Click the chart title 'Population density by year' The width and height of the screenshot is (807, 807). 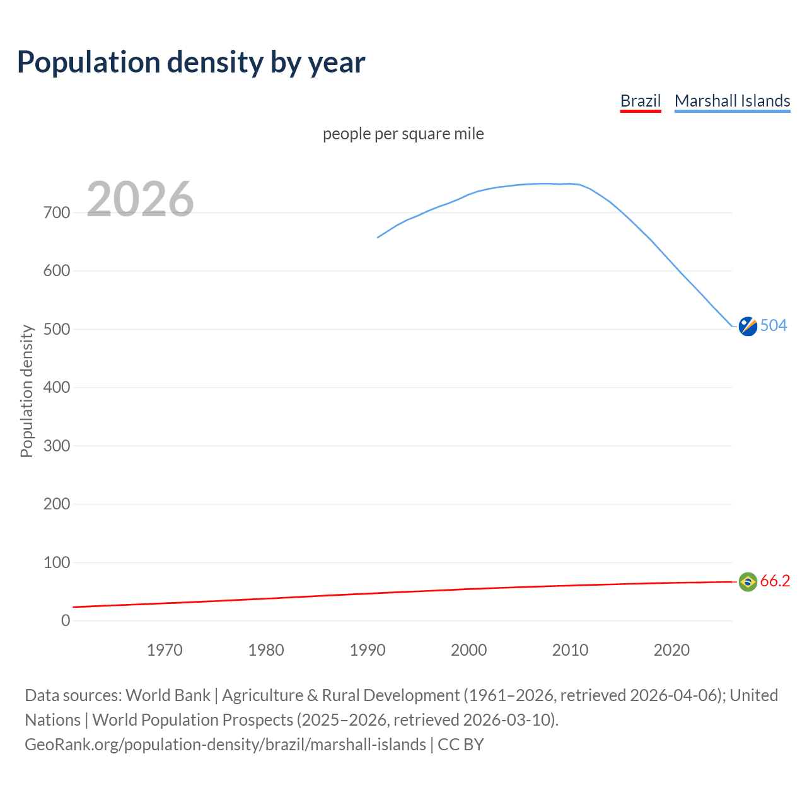tap(191, 62)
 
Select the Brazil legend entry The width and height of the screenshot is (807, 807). tap(640, 101)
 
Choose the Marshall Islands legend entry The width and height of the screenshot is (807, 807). tap(732, 101)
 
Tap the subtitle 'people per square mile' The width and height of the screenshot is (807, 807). tap(403, 134)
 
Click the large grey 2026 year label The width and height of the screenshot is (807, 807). tap(140, 199)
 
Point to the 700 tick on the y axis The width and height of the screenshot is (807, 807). tap(57, 212)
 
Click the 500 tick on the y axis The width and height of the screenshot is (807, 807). tap(57, 329)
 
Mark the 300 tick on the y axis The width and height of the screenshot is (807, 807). tap(57, 446)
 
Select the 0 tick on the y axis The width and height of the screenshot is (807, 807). tap(66, 620)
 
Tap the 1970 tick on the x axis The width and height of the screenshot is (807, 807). tap(165, 650)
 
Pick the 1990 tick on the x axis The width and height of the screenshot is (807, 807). tap(368, 650)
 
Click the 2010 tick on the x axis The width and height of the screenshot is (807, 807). tap(570, 650)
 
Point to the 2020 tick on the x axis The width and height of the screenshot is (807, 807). tap(671, 650)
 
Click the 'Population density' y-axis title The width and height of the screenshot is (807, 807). tap(26, 391)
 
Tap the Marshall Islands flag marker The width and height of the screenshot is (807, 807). tap(748, 327)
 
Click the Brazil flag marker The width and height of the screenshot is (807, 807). tap(748, 581)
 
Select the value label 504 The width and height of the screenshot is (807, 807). tap(774, 325)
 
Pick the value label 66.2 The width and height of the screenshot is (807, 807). tap(775, 581)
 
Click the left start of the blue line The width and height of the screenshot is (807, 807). tap(378, 238)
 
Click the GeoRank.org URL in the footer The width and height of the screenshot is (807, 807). tap(225, 745)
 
